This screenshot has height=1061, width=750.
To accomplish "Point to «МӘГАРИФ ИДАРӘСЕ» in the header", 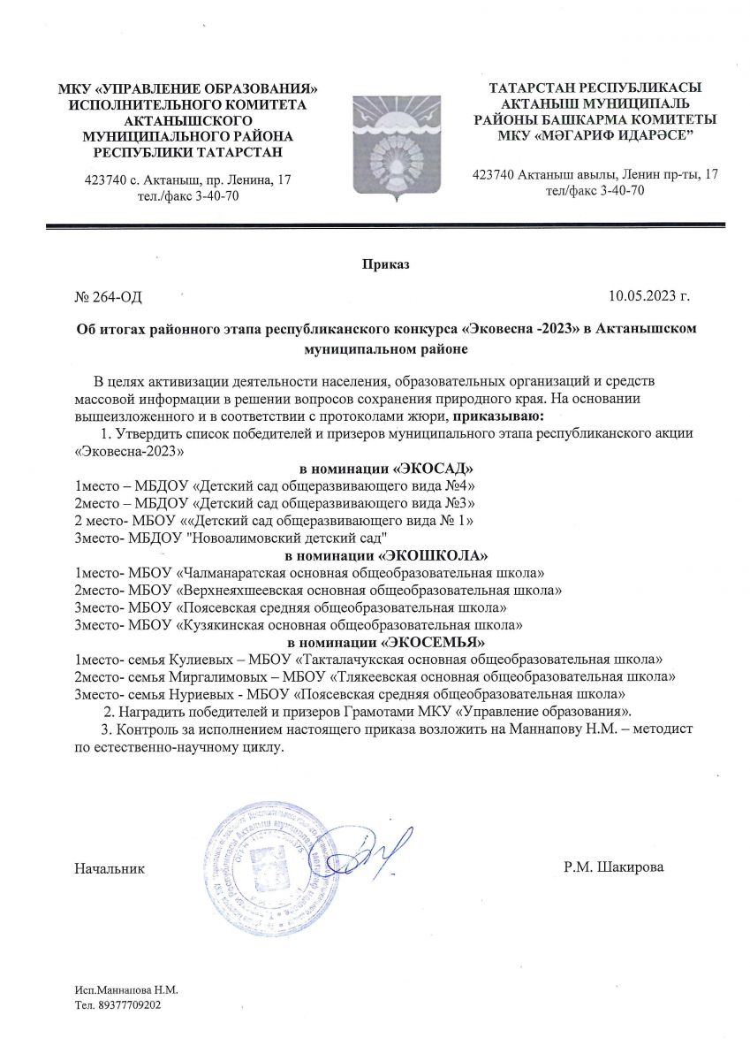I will tap(595, 134).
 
